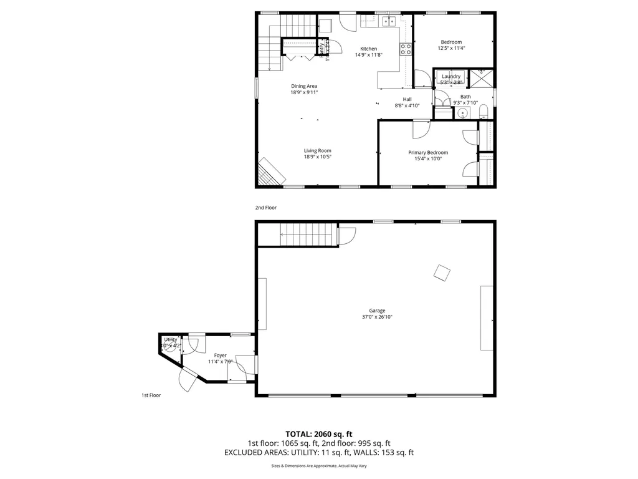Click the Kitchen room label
[368, 49]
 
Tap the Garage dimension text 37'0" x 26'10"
[377, 317]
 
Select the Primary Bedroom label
[428, 152]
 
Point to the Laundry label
[451, 76]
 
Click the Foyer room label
[220, 355]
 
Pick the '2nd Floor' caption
[265, 207]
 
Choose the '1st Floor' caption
[151, 395]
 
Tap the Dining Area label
[304, 86]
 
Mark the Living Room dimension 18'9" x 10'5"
[317, 157]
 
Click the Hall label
[407, 99]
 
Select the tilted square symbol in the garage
[442, 273]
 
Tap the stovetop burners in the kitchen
[406, 49]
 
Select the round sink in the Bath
[462, 114]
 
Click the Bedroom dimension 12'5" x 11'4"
[451, 48]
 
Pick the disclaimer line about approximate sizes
[318, 466]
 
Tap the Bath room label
[465, 96]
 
